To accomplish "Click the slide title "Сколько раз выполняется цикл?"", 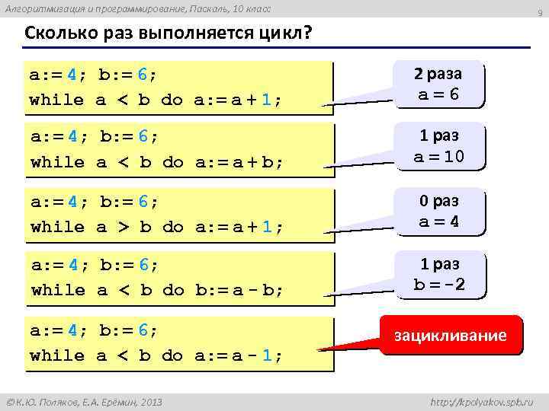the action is (x=169, y=36).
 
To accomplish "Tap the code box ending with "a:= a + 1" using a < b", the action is (x=180, y=88).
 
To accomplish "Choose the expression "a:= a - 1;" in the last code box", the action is (x=239, y=355).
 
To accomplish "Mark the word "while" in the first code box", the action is (x=56, y=100).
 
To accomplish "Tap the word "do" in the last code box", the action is (x=173, y=355).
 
